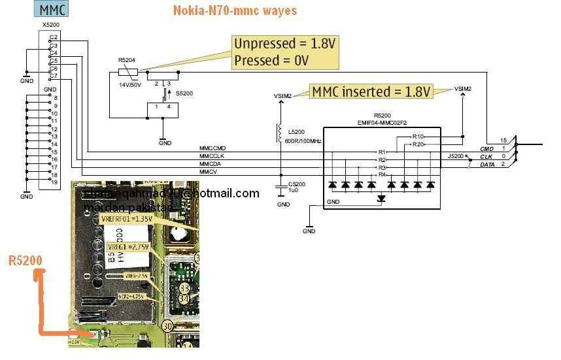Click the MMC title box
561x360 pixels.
[x=52, y=10]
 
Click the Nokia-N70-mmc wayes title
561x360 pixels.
[x=235, y=10]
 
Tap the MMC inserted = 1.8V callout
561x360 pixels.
[x=371, y=91]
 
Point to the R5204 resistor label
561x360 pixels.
[x=127, y=59]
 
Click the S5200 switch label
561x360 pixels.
[x=184, y=94]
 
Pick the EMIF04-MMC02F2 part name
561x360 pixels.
[x=381, y=120]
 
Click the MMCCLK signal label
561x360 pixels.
[x=212, y=156]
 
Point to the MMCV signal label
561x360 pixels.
[x=209, y=172]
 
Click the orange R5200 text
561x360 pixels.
[x=25, y=261]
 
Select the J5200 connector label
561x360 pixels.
[x=456, y=157]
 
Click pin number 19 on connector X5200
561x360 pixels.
[x=55, y=183]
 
